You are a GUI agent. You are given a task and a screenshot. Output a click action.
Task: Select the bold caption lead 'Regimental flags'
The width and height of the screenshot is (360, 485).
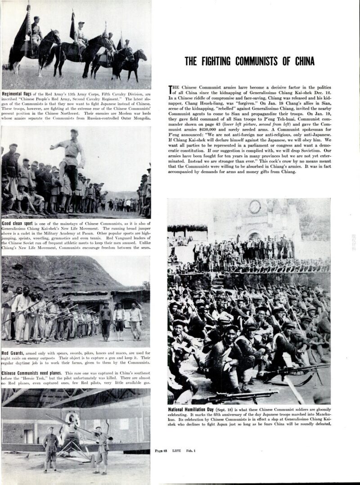point(18,94)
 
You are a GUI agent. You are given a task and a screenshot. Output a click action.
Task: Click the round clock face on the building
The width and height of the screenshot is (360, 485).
point(255,207)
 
